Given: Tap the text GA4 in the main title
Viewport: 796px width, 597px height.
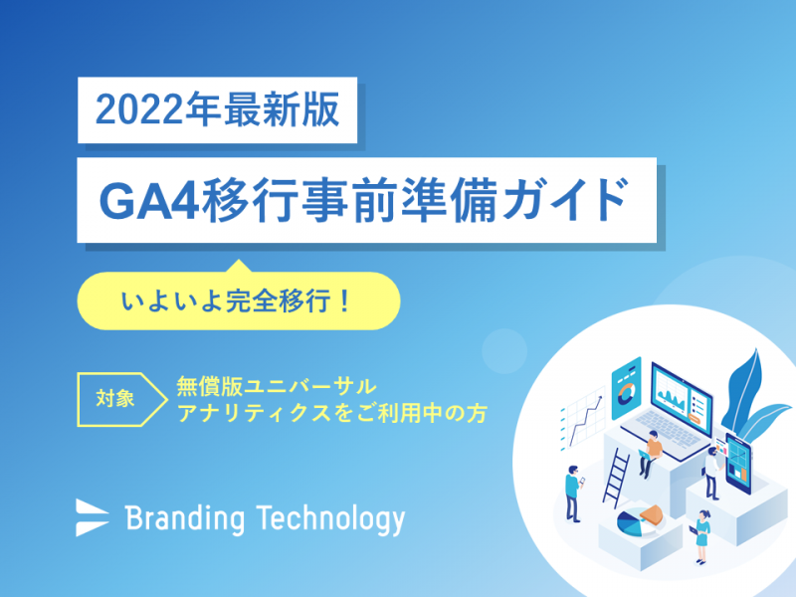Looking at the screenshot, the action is pos(148,201).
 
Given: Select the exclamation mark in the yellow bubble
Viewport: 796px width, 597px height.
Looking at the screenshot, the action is pos(344,301).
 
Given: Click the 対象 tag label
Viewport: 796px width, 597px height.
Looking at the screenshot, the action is pos(115,399).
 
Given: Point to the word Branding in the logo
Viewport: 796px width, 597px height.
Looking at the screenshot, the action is pos(185,518).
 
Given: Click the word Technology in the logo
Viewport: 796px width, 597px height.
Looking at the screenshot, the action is pos(330,518).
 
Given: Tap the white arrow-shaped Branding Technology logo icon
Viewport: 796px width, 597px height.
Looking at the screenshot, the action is pos(92,517).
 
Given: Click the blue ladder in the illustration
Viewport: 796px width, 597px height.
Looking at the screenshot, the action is pos(616,477).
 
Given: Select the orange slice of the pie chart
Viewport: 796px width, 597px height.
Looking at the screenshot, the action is pos(653,514).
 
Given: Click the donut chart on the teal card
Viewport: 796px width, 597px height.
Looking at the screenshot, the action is pos(627,393).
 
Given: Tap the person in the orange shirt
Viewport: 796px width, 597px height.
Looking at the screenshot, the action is pos(651,454).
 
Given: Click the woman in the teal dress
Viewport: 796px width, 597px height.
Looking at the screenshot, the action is pos(702,536).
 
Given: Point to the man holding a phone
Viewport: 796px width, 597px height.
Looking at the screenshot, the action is pos(574,493).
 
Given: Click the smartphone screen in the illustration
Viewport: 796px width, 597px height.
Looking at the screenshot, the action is pos(738,464).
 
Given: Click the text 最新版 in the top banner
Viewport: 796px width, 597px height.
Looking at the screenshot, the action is pos(282,110).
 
